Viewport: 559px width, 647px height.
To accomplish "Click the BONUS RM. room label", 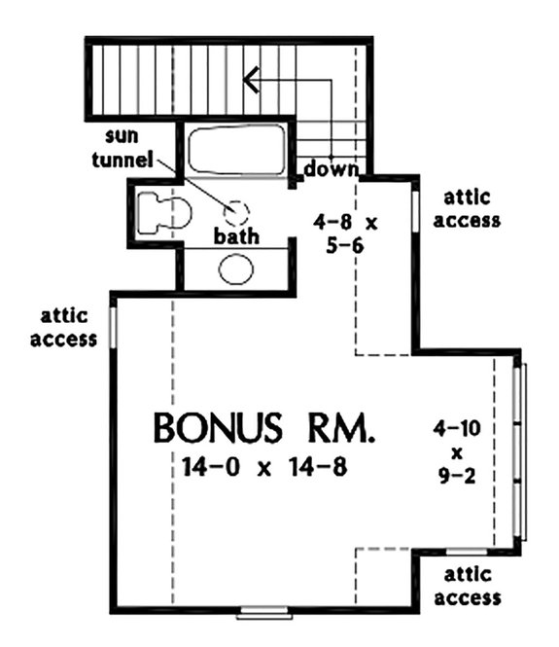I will tap(263, 429).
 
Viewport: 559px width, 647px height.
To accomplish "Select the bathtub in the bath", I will tap(236, 151).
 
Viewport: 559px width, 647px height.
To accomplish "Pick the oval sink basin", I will tap(236, 269).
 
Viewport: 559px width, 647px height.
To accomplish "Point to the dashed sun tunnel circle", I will tap(237, 213).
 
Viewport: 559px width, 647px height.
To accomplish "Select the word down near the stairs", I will tap(331, 171).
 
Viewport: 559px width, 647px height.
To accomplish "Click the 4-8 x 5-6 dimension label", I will tap(346, 234).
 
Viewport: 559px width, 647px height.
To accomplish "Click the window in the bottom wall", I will tap(264, 611).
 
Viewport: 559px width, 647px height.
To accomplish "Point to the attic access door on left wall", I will tap(114, 328).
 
